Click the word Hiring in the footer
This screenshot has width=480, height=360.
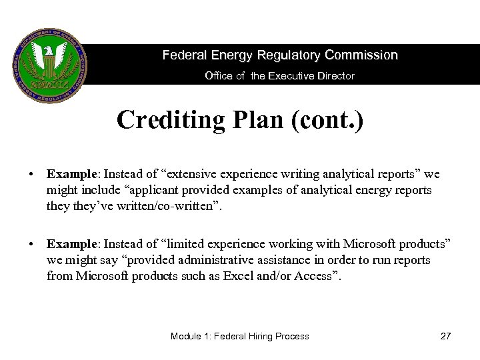click(x=275, y=336)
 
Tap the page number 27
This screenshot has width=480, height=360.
click(x=445, y=336)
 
